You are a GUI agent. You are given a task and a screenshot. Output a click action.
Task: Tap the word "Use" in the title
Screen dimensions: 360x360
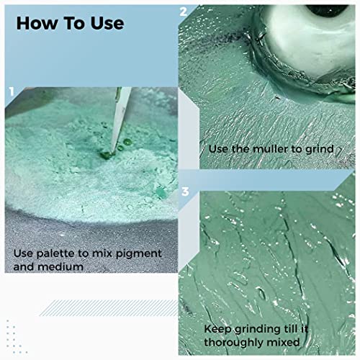click(105, 23)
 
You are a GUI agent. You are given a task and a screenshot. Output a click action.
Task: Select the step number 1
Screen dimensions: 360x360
click(12, 91)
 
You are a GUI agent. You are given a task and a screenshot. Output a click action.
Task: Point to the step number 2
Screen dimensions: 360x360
click(184, 12)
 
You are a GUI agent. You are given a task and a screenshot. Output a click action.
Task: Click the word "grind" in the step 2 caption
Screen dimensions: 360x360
click(317, 149)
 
